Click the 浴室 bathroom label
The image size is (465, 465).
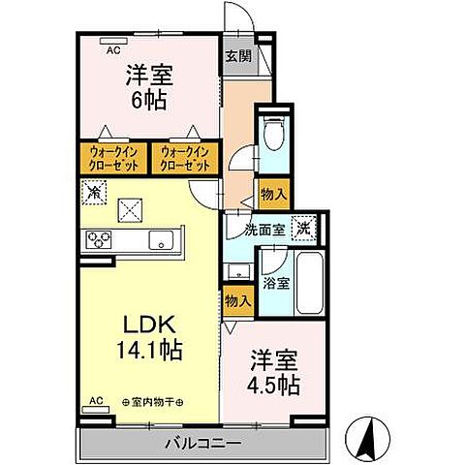pyautogui.click(x=276, y=284)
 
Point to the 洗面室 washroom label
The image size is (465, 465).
pyautogui.click(x=263, y=230)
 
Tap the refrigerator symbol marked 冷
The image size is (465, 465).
pyautogui.click(x=94, y=193)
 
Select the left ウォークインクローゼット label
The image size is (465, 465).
pyautogui.click(x=112, y=158)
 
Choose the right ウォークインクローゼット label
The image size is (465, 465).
pyautogui.click(x=184, y=158)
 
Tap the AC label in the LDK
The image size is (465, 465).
pyautogui.click(x=96, y=400)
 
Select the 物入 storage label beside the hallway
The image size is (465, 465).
pyautogui.click(x=273, y=194)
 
